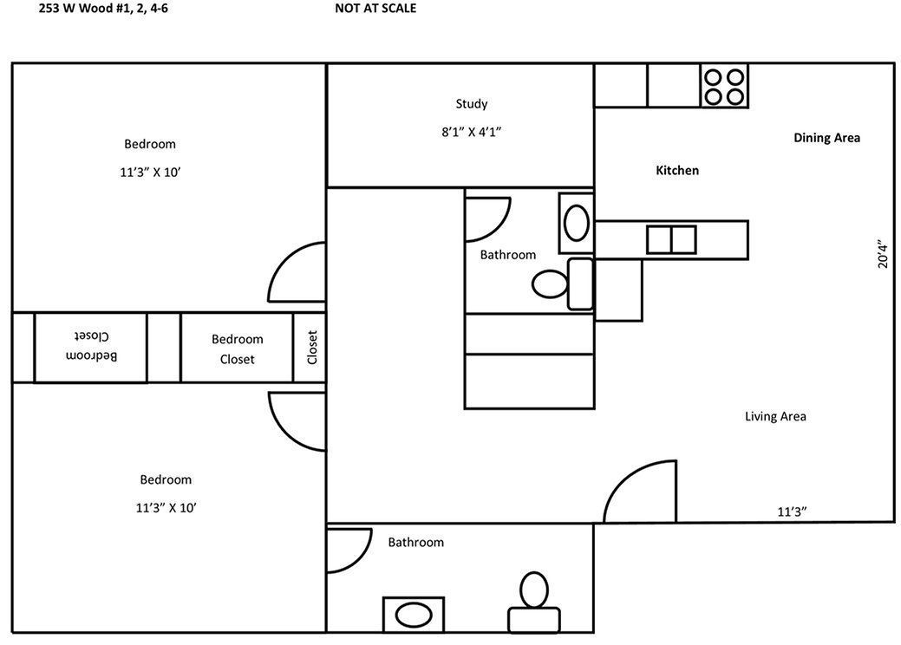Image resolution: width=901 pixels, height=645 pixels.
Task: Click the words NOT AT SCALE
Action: pyautogui.click(x=375, y=9)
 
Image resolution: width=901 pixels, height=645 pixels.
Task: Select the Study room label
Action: pyautogui.click(x=472, y=104)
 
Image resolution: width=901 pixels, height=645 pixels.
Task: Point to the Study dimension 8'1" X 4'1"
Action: pyautogui.click(x=472, y=133)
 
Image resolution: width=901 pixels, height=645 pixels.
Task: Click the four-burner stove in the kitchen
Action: pyautogui.click(x=723, y=86)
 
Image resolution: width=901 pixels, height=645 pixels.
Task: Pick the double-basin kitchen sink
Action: pyautogui.click(x=671, y=239)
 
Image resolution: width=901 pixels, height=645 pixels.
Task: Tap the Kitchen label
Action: pyautogui.click(x=676, y=171)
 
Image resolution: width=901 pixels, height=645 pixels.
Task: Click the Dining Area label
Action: pyautogui.click(x=826, y=138)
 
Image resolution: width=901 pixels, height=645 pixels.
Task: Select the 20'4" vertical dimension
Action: pyautogui.click(x=882, y=255)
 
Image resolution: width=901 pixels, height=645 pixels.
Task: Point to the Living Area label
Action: pyautogui.click(x=775, y=416)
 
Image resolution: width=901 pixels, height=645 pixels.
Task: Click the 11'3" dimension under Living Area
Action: pyautogui.click(x=792, y=511)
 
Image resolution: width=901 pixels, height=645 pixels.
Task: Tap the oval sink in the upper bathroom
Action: pyautogui.click(x=576, y=223)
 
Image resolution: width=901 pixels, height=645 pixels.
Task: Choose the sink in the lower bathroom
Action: pyautogui.click(x=414, y=615)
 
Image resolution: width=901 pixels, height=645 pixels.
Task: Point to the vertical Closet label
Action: pyautogui.click(x=312, y=347)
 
